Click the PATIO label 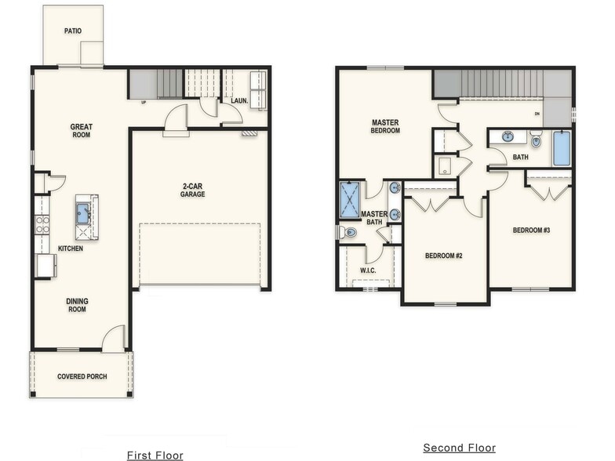(73, 31)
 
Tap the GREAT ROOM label (82, 130)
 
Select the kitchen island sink (83, 213)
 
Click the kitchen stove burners (42, 225)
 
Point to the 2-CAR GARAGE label (193, 190)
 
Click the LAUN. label (239, 100)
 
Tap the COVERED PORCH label (82, 376)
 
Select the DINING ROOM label (77, 305)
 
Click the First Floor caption (155, 455)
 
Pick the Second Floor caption (460, 448)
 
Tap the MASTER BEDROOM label (385, 127)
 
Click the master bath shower (350, 200)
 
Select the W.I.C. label (368, 270)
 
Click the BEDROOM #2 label (444, 256)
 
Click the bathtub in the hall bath (562, 149)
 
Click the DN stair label (537, 114)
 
